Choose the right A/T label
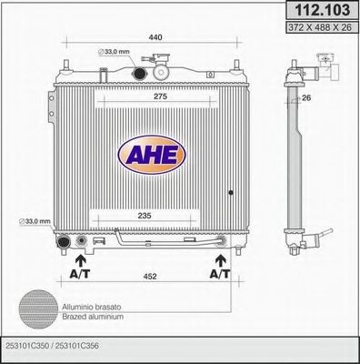pos(218,273)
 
